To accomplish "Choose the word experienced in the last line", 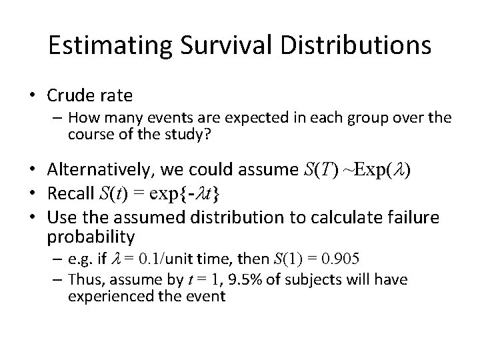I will (x=105, y=295).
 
